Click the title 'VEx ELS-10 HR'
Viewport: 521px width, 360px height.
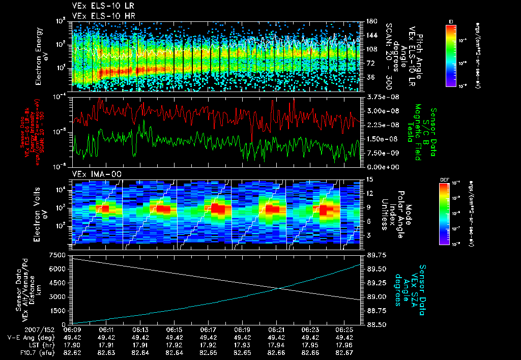pos(98,16)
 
